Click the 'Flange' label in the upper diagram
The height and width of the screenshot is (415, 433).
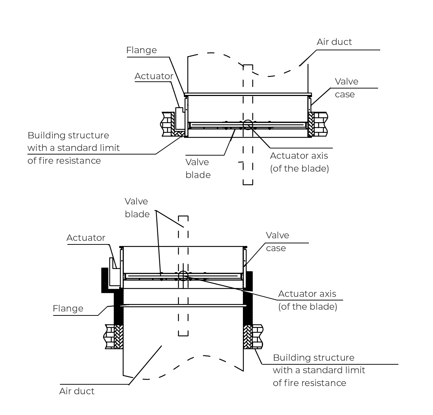click(141, 50)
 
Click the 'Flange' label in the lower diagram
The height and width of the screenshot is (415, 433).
click(68, 309)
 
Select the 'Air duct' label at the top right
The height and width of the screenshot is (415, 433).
click(334, 42)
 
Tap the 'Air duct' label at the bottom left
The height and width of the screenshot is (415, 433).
click(77, 391)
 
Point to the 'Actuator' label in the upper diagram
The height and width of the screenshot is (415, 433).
click(154, 76)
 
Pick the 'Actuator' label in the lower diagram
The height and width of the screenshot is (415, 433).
click(86, 238)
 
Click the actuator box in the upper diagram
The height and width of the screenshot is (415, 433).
click(179, 118)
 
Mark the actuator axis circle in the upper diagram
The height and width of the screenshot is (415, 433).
click(248, 125)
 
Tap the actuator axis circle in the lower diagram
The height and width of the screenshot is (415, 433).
click(183, 275)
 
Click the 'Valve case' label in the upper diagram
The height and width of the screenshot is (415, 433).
click(346, 88)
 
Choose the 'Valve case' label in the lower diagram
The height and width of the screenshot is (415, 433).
click(277, 242)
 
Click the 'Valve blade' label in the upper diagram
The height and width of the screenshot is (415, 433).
click(198, 168)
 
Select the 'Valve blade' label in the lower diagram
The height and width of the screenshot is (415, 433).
click(137, 208)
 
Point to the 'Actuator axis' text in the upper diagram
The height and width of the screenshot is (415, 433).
click(299, 156)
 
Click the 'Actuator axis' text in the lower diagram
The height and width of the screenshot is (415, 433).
click(307, 294)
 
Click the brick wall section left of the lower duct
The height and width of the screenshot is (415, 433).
click(110, 336)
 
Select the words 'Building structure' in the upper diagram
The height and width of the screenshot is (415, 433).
click(68, 136)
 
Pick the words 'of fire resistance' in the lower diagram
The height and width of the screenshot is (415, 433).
click(309, 383)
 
